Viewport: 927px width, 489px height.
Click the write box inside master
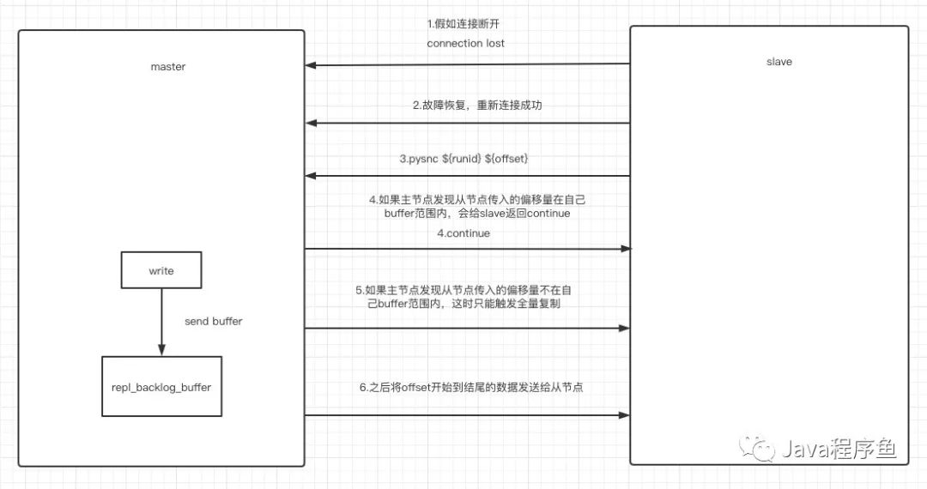coord(161,271)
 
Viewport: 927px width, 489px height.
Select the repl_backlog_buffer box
coord(161,387)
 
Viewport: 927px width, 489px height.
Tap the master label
coord(167,66)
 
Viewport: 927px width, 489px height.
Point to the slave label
coord(779,62)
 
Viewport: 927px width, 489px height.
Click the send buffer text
coord(213,321)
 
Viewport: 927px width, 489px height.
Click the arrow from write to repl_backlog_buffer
coord(161,321)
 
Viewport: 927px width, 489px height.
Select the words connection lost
coord(466,43)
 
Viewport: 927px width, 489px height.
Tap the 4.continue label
coord(463,232)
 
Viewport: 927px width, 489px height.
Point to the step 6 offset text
coord(472,388)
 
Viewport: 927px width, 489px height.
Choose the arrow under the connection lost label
coord(468,64)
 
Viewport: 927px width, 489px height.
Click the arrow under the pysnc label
coord(468,176)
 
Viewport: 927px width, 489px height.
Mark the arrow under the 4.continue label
coord(468,249)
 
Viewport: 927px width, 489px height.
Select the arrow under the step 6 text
coord(468,415)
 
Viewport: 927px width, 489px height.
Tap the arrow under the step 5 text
coord(468,328)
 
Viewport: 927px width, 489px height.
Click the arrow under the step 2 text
coord(468,124)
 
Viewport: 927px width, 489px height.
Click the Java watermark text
coord(837,450)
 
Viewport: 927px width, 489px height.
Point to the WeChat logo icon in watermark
coord(758,447)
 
